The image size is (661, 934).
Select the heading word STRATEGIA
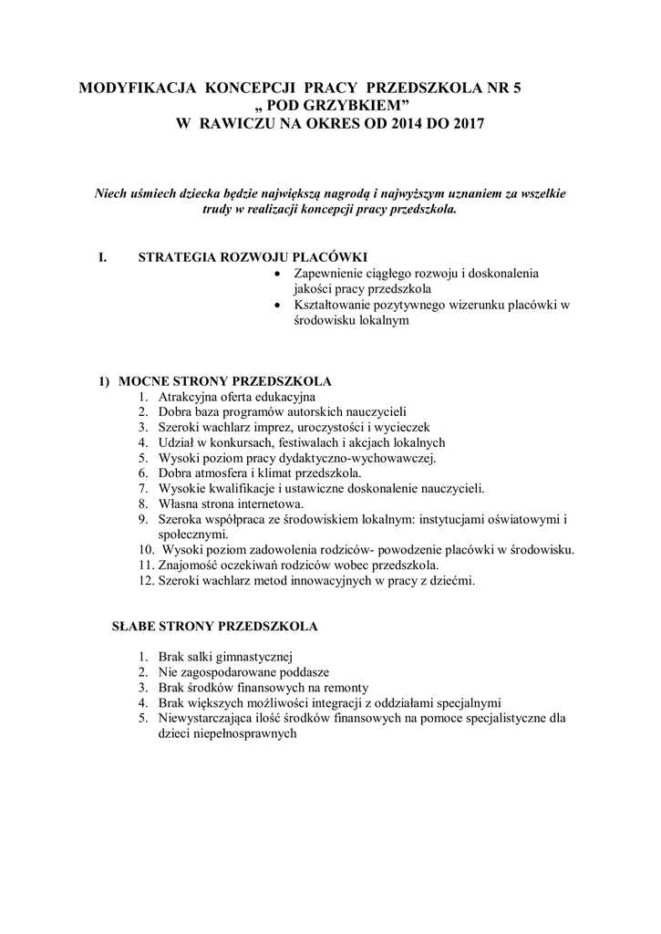[x=177, y=257]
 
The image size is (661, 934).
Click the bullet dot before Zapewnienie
[x=277, y=274]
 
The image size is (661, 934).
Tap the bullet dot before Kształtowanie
[x=277, y=306]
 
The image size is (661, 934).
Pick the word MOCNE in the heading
[x=143, y=380]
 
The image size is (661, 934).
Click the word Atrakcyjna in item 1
[x=188, y=397]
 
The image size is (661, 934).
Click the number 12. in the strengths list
[x=146, y=580]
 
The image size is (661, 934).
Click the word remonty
[x=345, y=688]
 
